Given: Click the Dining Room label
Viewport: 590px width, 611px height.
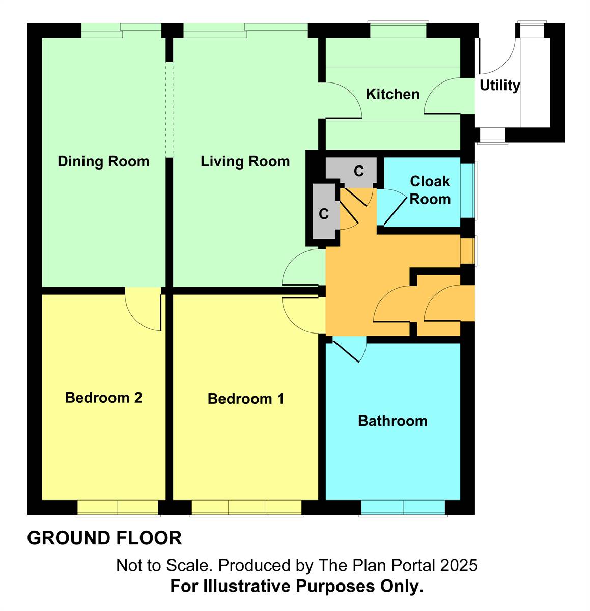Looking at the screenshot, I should [x=103, y=161].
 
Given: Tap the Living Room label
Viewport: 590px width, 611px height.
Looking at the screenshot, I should [x=245, y=161].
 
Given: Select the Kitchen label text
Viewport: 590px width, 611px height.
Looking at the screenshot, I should [x=392, y=94].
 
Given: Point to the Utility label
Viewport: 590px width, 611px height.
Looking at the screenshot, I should [x=499, y=85].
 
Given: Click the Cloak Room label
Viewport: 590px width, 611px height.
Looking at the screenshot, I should [x=430, y=190].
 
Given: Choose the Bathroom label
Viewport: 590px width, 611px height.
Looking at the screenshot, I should [x=392, y=421].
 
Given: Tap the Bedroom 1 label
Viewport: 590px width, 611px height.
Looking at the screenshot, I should [x=245, y=399].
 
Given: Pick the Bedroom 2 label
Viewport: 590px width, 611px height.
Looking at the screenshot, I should [x=103, y=398].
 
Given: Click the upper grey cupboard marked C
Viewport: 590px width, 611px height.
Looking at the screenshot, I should [x=358, y=171].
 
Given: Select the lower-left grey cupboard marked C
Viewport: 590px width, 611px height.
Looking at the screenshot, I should [x=324, y=214].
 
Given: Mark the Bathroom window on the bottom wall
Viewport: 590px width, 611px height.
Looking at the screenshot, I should [x=403, y=508].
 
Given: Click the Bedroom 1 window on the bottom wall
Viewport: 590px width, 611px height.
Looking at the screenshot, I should [x=247, y=508].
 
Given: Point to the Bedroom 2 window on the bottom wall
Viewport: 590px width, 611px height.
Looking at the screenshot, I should [x=118, y=508].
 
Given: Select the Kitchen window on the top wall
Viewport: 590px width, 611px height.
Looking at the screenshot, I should [x=398, y=30].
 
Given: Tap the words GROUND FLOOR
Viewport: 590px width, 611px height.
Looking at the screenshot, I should [x=104, y=538].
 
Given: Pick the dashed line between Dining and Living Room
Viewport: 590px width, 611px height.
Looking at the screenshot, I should [x=170, y=109].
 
